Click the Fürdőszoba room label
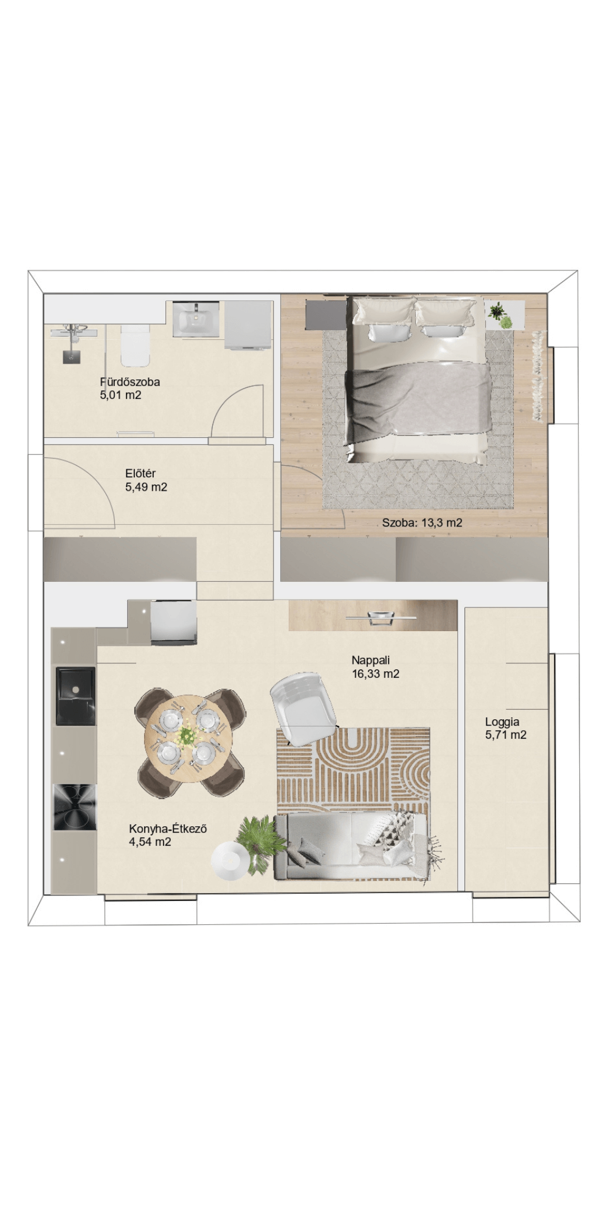[130, 382]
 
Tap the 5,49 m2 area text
[146, 487]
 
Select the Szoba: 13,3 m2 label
[422, 522]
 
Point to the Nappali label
[370, 660]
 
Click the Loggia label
[502, 722]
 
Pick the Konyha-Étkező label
[168, 829]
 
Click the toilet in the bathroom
[135, 345]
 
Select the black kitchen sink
[76, 696]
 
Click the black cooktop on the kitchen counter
[75, 807]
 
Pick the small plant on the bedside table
[501, 315]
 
